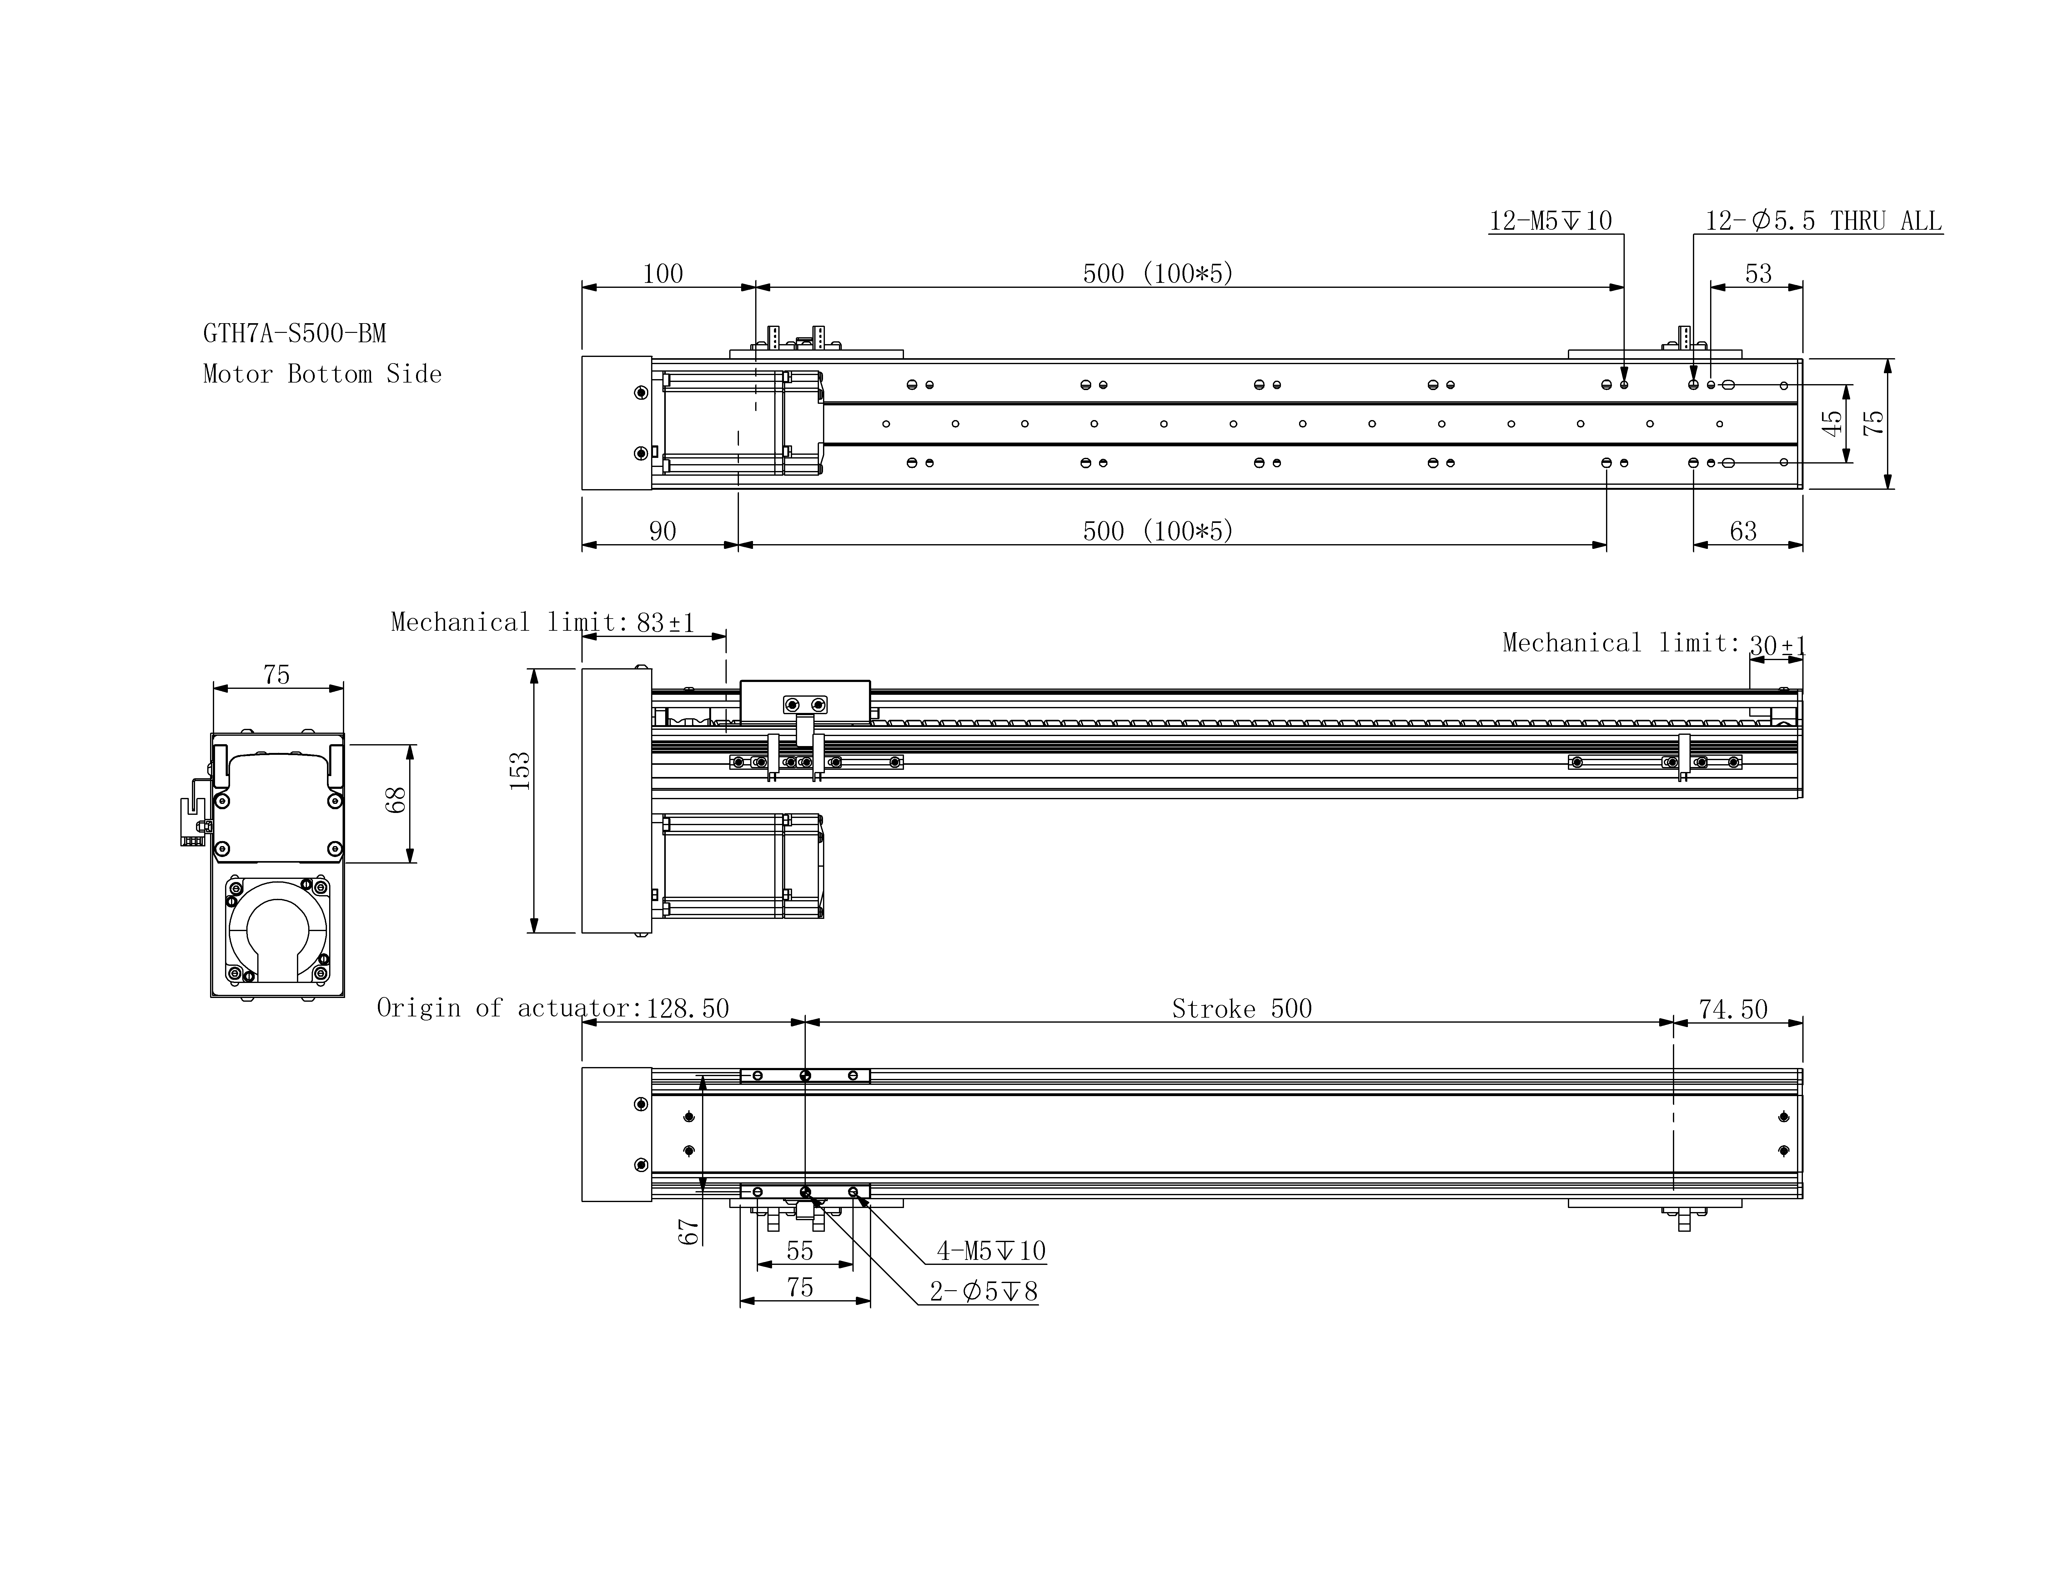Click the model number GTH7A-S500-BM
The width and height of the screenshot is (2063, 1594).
pos(295,333)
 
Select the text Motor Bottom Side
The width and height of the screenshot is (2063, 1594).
pos(322,374)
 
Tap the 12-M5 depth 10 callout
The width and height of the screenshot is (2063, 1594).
pos(1551,221)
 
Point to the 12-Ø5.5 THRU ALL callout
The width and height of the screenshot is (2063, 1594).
pos(1823,221)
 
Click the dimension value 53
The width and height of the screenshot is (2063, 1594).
pos(1758,274)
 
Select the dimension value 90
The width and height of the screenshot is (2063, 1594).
pos(662,532)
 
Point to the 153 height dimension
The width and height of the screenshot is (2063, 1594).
pos(520,770)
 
